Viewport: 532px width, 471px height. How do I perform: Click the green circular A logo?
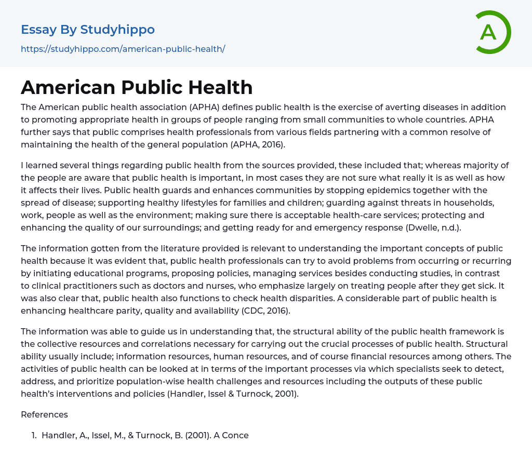[493, 32]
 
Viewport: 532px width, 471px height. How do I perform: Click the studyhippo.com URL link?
[123, 49]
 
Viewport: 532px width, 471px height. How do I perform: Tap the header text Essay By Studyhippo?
[88, 30]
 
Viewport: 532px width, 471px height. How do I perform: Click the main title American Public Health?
[137, 87]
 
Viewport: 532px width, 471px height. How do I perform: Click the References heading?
[44, 414]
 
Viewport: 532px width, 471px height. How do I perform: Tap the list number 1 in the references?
[34, 435]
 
